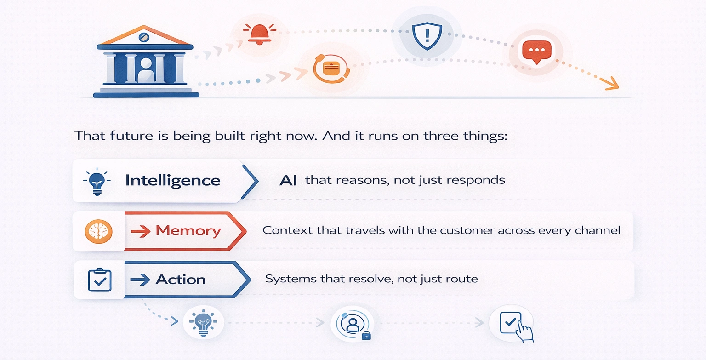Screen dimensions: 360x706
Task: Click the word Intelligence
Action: (x=173, y=180)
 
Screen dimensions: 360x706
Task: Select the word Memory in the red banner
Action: (x=188, y=230)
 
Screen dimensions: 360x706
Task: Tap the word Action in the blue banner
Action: (x=181, y=279)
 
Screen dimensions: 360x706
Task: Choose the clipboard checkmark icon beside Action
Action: (x=100, y=280)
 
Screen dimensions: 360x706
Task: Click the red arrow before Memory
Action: (x=141, y=231)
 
